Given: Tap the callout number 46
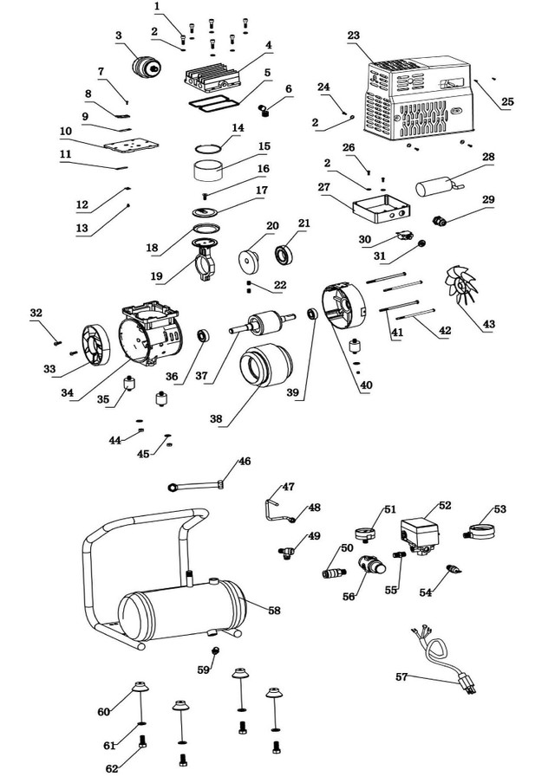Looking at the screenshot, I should pos(245,462).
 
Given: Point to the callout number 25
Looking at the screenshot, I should pos(507,101).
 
